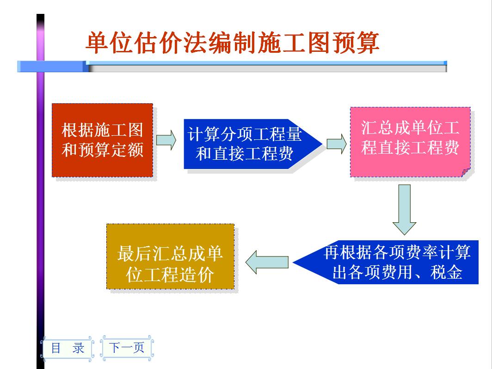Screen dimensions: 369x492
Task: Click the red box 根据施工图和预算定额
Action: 102,140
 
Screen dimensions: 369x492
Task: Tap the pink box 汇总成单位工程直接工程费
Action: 410,141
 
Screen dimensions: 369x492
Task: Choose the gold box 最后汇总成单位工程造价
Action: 170,256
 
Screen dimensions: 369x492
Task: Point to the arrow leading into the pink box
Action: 336,144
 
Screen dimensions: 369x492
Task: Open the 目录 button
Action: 68,348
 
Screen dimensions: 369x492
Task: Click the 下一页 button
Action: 127,347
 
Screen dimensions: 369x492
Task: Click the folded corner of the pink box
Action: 465,172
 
